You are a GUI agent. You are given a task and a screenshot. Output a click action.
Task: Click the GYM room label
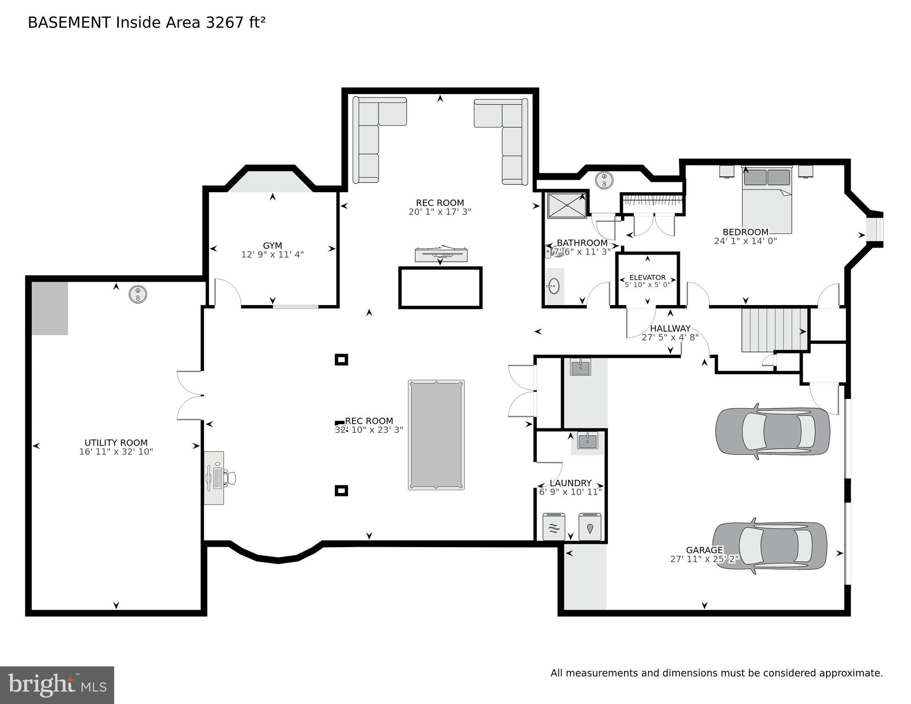[272, 245]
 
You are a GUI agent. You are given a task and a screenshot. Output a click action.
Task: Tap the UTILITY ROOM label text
[116, 443]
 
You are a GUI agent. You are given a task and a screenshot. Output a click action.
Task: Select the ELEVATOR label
[647, 277]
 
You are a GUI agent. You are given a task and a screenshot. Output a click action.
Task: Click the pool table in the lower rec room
[436, 435]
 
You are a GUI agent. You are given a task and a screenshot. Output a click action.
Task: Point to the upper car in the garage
[773, 432]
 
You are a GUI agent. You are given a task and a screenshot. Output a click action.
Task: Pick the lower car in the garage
[770, 546]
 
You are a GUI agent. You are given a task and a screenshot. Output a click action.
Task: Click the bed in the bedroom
[767, 200]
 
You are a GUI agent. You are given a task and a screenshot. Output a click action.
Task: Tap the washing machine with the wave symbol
[554, 527]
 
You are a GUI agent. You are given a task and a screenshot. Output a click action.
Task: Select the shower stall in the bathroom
[567, 205]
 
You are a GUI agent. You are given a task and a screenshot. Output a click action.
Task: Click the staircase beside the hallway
[774, 330]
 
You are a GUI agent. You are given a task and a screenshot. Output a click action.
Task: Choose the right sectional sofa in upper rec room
[506, 136]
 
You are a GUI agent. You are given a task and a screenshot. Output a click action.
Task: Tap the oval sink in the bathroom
[553, 287]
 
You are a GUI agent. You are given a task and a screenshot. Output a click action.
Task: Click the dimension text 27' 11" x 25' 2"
[704, 559]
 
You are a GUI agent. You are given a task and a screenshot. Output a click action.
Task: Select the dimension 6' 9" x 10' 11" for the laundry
[570, 492]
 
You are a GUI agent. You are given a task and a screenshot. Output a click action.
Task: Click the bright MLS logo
[57, 685]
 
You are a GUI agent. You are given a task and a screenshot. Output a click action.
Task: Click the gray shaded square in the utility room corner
[50, 308]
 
